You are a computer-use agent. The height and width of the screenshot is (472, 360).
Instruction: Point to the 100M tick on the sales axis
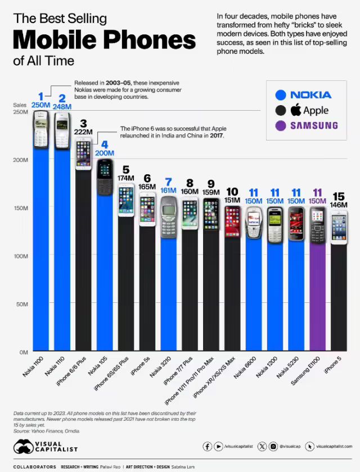tap(21, 256)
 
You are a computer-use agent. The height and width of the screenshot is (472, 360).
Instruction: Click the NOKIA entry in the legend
tap(311, 95)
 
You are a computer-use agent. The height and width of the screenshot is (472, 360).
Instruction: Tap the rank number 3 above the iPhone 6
tap(83, 123)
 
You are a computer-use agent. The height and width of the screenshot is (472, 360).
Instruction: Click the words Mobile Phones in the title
tap(104, 41)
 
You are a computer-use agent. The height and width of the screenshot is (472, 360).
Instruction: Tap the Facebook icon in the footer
tap(208, 446)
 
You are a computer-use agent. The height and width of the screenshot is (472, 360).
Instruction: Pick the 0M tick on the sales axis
tap(23, 352)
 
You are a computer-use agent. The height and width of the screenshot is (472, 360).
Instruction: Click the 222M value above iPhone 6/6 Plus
tap(83, 131)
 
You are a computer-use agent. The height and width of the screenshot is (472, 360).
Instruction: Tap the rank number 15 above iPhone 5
tap(339, 196)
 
